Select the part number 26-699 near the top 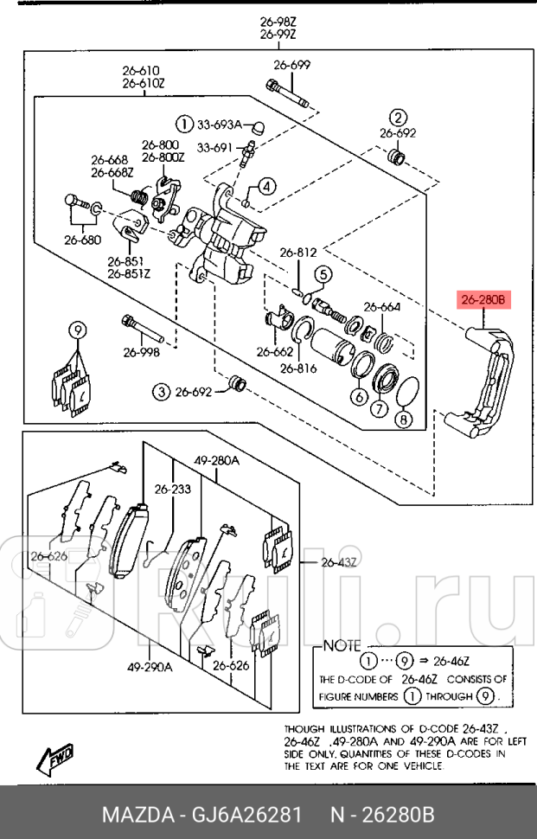click(x=291, y=65)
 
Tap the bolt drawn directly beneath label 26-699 click(x=287, y=93)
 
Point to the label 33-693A click(x=221, y=124)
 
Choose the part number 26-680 click(x=84, y=240)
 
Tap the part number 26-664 click(x=381, y=306)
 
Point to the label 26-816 click(x=298, y=368)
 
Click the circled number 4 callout click(x=266, y=186)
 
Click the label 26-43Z click(x=339, y=562)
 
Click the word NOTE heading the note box click(x=344, y=645)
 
